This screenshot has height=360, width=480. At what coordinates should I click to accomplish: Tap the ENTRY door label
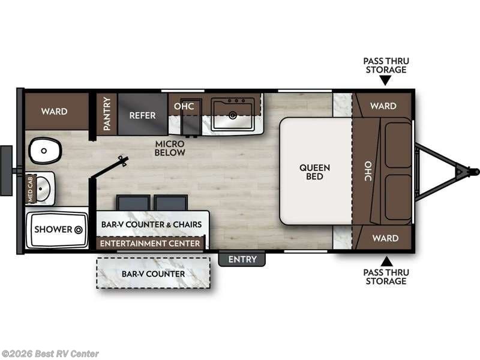(x=242, y=259)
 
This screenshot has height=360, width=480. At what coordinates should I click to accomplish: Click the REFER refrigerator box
(x=142, y=115)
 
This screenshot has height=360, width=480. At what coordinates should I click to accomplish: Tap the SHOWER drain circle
(x=78, y=229)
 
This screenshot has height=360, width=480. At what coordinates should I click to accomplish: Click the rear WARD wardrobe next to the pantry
(x=54, y=112)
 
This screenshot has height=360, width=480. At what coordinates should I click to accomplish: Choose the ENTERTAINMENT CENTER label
(x=151, y=243)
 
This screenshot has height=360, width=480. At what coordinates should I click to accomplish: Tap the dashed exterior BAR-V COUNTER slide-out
(x=154, y=274)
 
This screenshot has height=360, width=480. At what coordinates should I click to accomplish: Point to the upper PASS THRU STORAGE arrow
(x=385, y=80)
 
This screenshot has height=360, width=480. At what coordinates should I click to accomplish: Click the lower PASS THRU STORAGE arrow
(x=385, y=260)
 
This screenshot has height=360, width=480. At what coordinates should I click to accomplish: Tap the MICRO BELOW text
(x=170, y=148)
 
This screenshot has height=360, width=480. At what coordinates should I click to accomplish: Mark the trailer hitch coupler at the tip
(x=463, y=172)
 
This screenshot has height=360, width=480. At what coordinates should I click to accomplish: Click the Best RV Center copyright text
(x=50, y=354)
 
